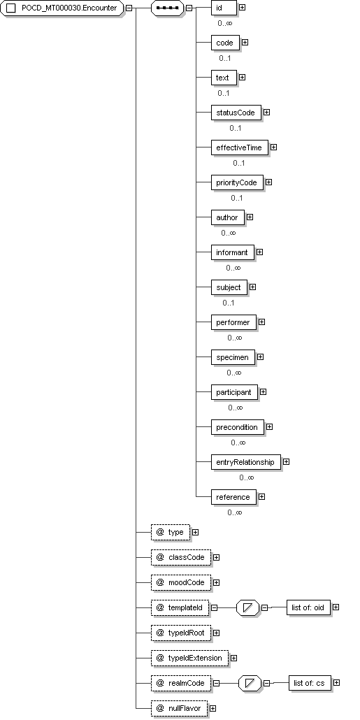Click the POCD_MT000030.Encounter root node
[62, 8]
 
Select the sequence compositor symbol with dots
[167, 8]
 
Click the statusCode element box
[236, 113]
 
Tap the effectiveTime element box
[239, 147]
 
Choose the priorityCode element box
[237, 182]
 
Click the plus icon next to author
[250, 217]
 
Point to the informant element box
[232, 252]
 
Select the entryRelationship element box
[245, 462]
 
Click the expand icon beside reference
[261, 496]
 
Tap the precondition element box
[238, 427]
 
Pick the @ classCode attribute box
[181, 557]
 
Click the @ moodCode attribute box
[181, 583]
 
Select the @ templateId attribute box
[180, 607]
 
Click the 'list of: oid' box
[308, 607]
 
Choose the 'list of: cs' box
[310, 683]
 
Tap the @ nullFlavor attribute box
[179, 708]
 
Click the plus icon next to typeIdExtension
[233, 658]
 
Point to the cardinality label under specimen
[233, 373]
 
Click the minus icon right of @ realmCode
[216, 683]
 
